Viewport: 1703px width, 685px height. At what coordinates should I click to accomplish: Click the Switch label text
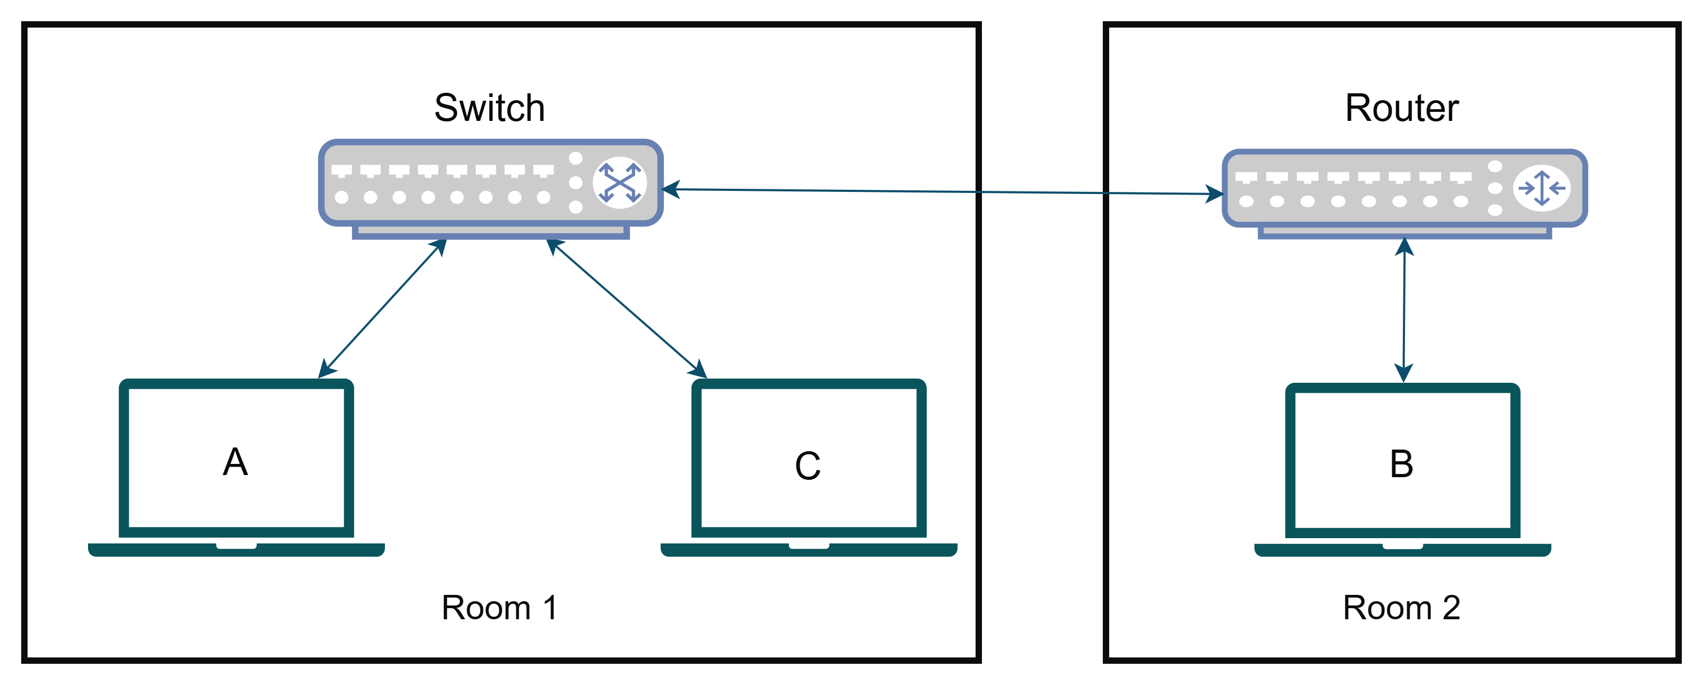pyautogui.click(x=489, y=108)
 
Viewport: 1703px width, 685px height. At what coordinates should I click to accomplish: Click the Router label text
pyautogui.click(x=1401, y=108)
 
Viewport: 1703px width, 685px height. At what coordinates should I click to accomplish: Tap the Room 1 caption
pyautogui.click(x=499, y=607)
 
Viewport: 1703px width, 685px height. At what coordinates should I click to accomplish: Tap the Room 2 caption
pyautogui.click(x=1401, y=607)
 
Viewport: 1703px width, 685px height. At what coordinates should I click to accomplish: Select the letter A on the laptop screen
pyautogui.click(x=235, y=461)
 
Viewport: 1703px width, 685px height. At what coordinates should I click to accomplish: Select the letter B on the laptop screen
pyautogui.click(x=1401, y=463)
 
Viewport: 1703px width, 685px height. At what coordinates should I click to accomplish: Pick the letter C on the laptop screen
pyautogui.click(x=808, y=466)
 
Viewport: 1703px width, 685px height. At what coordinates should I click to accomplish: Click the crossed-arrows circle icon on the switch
pyautogui.click(x=619, y=182)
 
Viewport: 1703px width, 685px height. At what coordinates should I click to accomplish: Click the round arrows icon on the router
pyautogui.click(x=1542, y=188)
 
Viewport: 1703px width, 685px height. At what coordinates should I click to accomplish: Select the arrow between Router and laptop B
pyautogui.click(x=1403, y=310)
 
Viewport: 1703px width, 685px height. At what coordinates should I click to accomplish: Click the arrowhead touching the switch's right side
pyautogui.click(x=670, y=190)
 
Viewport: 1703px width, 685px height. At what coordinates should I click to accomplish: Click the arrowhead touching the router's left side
pyautogui.click(x=1215, y=194)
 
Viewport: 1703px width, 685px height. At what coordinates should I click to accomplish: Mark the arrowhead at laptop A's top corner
pyautogui.click(x=327, y=369)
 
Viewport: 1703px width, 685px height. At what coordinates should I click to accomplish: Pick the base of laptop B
pyautogui.click(x=1402, y=550)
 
